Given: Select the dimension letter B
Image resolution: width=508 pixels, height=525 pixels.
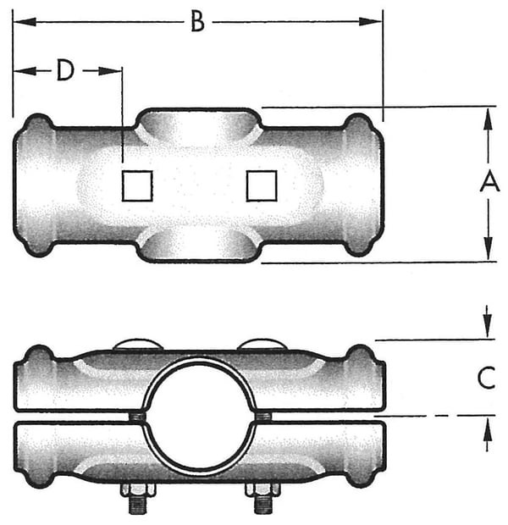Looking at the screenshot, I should (x=197, y=22).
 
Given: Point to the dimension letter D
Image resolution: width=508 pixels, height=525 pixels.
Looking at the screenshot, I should (x=65, y=71).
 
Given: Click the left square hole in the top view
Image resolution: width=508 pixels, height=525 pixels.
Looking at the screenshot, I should (x=136, y=185).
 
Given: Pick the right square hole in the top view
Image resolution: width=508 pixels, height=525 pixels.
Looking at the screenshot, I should (x=262, y=185).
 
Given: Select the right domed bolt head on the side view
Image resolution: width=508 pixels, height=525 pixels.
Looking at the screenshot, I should (x=262, y=344).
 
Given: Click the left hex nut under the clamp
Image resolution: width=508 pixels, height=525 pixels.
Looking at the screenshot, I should (x=136, y=489).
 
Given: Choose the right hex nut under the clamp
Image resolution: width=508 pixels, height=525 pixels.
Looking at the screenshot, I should (x=262, y=489).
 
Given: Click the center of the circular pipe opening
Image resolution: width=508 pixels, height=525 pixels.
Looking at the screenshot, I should (x=199, y=413).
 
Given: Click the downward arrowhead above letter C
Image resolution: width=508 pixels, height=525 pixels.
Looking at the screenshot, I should (x=487, y=327).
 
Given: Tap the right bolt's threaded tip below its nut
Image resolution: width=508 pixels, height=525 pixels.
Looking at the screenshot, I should (x=262, y=506).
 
